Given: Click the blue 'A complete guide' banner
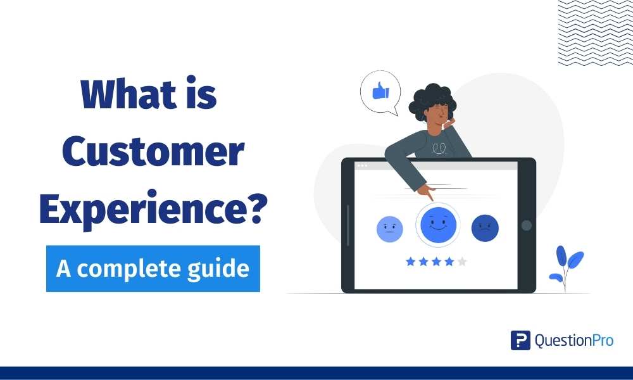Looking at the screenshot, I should pyautogui.click(x=153, y=269).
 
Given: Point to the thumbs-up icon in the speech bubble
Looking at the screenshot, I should pyautogui.click(x=380, y=92).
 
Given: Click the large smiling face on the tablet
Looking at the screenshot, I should pyautogui.click(x=437, y=225).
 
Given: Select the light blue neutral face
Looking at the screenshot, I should pyautogui.click(x=389, y=229).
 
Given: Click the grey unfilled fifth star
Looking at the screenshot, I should pyautogui.click(x=463, y=261).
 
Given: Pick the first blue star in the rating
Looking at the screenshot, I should pyautogui.click(x=410, y=261).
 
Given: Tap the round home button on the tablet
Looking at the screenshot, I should pyautogui.click(x=526, y=225).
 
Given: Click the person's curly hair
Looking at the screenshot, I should pyautogui.click(x=430, y=101).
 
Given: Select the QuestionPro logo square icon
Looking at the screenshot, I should pyautogui.click(x=520, y=340).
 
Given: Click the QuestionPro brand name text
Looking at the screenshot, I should pyautogui.click(x=574, y=340).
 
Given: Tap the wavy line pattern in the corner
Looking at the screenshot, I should pyautogui.click(x=595, y=32).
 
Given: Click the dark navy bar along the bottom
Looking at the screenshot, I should pyautogui.click(x=316, y=373).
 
